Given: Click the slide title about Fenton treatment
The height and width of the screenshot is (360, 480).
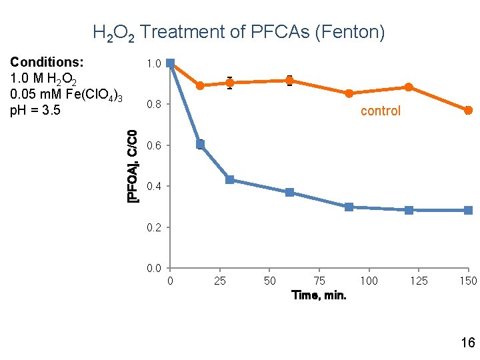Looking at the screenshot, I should [238, 32].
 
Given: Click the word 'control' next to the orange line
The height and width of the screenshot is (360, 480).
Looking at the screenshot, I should [380, 111].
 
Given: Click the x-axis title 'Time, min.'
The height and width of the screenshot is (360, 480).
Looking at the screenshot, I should [319, 295].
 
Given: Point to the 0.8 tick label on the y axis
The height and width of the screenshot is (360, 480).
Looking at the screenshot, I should [153, 105].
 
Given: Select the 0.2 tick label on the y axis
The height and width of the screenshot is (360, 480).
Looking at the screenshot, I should [153, 227].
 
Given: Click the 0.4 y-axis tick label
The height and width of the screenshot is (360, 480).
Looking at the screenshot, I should [153, 186].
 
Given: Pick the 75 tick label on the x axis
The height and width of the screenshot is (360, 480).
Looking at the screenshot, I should [319, 281].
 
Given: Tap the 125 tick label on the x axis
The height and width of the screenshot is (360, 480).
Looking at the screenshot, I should [418, 281].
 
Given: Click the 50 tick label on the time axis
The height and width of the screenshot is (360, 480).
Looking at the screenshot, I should [269, 281].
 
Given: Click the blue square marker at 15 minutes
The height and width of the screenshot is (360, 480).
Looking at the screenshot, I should [200, 144].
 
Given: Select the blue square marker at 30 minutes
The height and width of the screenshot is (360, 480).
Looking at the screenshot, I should [229, 179].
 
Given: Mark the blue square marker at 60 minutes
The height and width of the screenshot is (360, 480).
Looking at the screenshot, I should [289, 192].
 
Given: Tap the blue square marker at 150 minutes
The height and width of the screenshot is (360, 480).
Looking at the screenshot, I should [468, 210].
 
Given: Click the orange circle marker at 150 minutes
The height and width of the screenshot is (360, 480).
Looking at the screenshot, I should [468, 110].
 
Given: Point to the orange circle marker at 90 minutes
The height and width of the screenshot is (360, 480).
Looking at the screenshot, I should [349, 93].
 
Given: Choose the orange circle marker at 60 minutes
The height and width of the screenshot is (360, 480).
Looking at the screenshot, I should [289, 81].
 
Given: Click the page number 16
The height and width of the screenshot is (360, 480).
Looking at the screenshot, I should [467, 343].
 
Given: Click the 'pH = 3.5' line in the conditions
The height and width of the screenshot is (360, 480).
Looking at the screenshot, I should [35, 110].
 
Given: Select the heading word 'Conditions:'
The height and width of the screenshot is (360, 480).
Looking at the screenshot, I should [47, 62].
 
